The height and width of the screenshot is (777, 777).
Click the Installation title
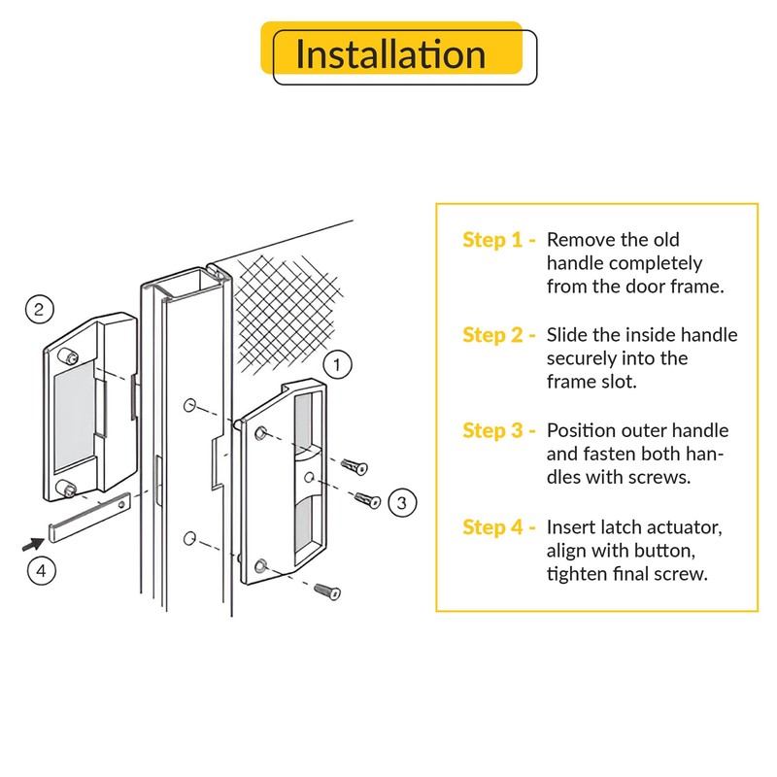(x=390, y=54)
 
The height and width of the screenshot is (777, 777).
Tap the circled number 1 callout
(x=336, y=365)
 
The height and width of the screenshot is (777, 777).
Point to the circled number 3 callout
(x=402, y=502)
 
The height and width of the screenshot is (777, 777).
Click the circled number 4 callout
(x=40, y=569)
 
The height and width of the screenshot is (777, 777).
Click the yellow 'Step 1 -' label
(x=499, y=240)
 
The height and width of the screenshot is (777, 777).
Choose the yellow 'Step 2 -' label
(x=499, y=335)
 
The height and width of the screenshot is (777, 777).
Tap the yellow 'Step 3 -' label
(x=499, y=430)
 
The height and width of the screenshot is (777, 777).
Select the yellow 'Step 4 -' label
(x=499, y=526)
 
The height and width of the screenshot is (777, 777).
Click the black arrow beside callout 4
(x=29, y=546)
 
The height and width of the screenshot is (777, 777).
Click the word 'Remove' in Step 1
(x=581, y=240)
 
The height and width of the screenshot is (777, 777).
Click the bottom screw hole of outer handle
(x=260, y=564)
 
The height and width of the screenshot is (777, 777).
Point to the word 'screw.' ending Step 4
(x=680, y=574)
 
